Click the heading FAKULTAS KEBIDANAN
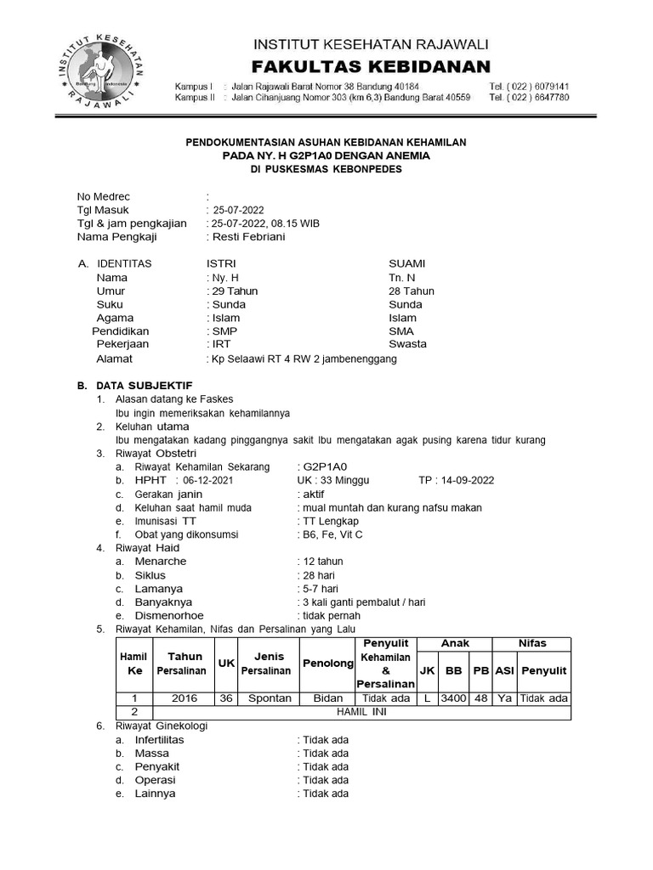(372, 66)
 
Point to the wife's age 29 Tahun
(234, 291)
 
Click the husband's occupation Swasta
(407, 344)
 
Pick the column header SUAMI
(406, 263)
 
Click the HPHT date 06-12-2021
(207, 480)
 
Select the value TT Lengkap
(331, 521)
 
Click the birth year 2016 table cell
(185, 698)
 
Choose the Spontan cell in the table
(269, 698)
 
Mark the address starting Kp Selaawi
(304, 359)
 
